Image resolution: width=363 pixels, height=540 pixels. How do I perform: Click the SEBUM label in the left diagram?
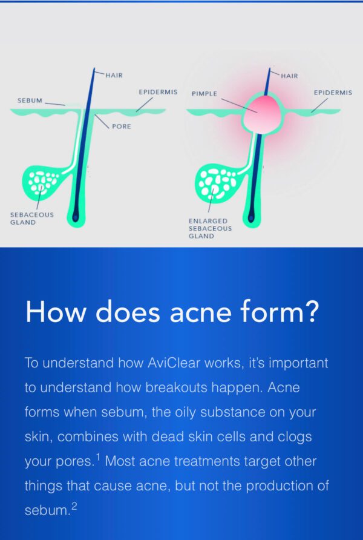[x=30, y=100]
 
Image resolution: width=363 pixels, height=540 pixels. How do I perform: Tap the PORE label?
[x=122, y=127]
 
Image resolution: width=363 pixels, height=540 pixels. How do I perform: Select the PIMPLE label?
[x=204, y=94]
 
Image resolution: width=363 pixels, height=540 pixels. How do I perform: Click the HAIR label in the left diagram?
[x=114, y=76]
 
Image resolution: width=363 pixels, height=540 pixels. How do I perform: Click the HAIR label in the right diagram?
[x=289, y=76]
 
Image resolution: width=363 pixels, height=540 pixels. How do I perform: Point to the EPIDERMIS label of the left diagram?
[x=159, y=92]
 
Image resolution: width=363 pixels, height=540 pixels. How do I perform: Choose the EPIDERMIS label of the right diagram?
[x=333, y=93]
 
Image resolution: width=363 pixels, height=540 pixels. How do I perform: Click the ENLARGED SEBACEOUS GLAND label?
[x=210, y=228]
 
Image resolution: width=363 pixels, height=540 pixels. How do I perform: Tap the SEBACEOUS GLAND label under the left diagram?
[x=32, y=219]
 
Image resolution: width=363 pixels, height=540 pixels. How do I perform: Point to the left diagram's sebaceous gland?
[x=42, y=182]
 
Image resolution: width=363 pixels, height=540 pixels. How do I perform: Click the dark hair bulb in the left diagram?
[x=76, y=217]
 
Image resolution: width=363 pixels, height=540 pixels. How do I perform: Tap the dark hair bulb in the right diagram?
[x=251, y=218]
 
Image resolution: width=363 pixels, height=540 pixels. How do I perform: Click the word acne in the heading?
[x=201, y=312]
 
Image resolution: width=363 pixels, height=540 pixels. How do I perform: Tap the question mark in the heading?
[x=312, y=311]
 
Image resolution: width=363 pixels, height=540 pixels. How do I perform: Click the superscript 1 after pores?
[x=98, y=457]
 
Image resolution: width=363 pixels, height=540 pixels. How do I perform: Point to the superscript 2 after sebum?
[x=74, y=506]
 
